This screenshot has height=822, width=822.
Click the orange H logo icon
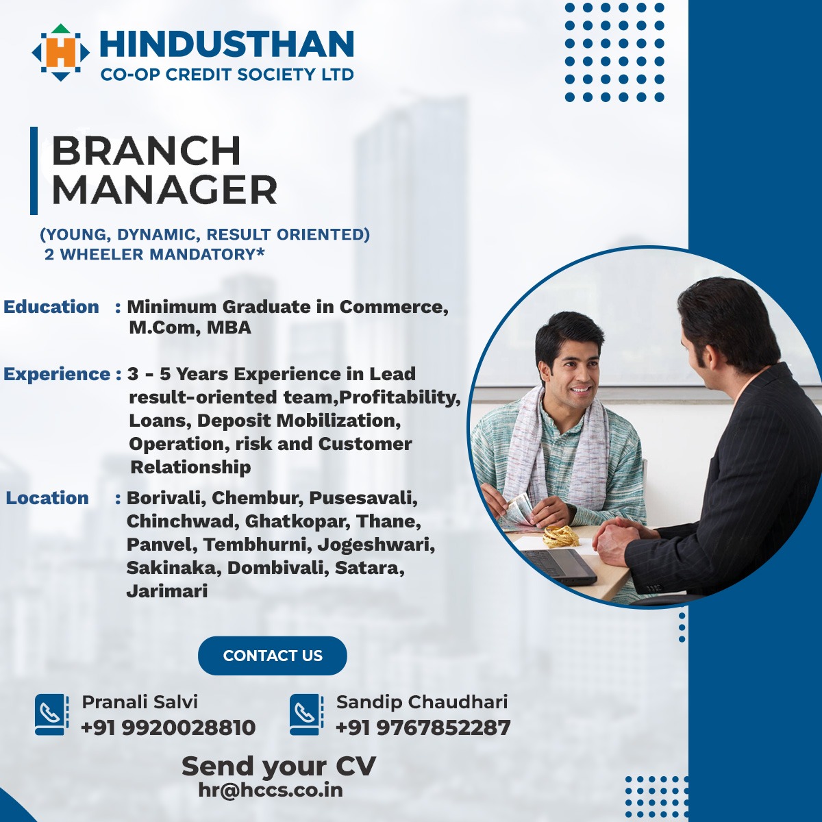pos(60,53)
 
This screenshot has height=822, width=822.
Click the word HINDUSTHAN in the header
pos(227,44)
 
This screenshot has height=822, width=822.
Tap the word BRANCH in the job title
pos(147,151)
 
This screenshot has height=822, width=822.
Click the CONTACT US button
pos(273,656)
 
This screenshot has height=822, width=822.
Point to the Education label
pos(51,307)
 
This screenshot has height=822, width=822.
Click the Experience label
pos(57,375)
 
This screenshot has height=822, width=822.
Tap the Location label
pos(47,498)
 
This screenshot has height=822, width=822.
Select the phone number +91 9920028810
pos(168,727)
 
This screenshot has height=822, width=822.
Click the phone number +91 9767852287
pos(423,727)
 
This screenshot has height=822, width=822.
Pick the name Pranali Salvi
pos(140,702)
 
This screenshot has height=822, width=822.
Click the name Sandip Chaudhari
pos(422,702)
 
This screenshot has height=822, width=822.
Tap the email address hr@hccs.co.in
pos(271,790)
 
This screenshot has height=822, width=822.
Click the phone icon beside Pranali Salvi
pos(51,714)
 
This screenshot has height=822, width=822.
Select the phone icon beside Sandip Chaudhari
pos(306,714)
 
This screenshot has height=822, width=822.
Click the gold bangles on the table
pos(560,536)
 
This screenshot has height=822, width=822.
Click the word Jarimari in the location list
pos(166,592)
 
